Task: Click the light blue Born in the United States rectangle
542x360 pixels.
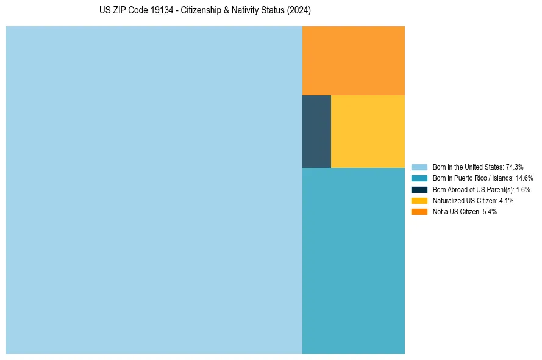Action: tap(154, 190)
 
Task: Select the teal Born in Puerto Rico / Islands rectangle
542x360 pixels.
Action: tap(354, 261)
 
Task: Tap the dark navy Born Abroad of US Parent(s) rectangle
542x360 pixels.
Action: tap(316, 131)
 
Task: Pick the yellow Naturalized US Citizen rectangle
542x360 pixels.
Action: tap(368, 131)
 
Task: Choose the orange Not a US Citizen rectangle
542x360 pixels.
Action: tap(354, 60)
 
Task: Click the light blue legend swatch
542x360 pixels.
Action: tap(419, 167)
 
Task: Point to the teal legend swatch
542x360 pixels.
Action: tap(419, 178)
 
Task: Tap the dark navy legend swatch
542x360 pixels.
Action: tap(419, 189)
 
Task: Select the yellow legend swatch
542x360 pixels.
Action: tap(419, 201)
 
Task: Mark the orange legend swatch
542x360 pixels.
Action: tap(419, 212)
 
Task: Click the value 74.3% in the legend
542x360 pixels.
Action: tap(515, 167)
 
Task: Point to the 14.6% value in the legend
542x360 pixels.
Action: tap(524, 178)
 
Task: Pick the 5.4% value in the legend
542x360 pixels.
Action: tap(489, 212)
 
